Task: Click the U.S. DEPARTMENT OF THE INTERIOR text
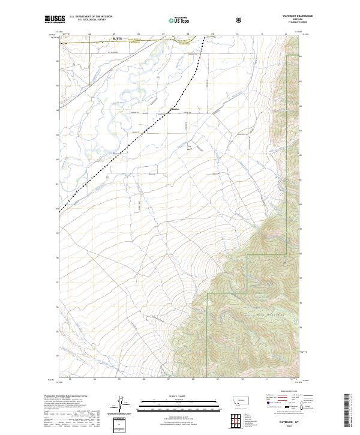click(91, 17)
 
